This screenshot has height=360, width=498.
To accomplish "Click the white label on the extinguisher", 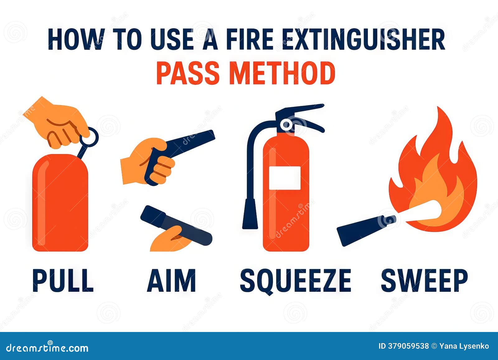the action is (x=285, y=178).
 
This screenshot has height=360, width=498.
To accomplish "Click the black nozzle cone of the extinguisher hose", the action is (x=250, y=214).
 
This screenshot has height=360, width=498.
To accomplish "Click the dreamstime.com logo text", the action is (x=47, y=348).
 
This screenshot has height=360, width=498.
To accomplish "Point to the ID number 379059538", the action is (x=403, y=346).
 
